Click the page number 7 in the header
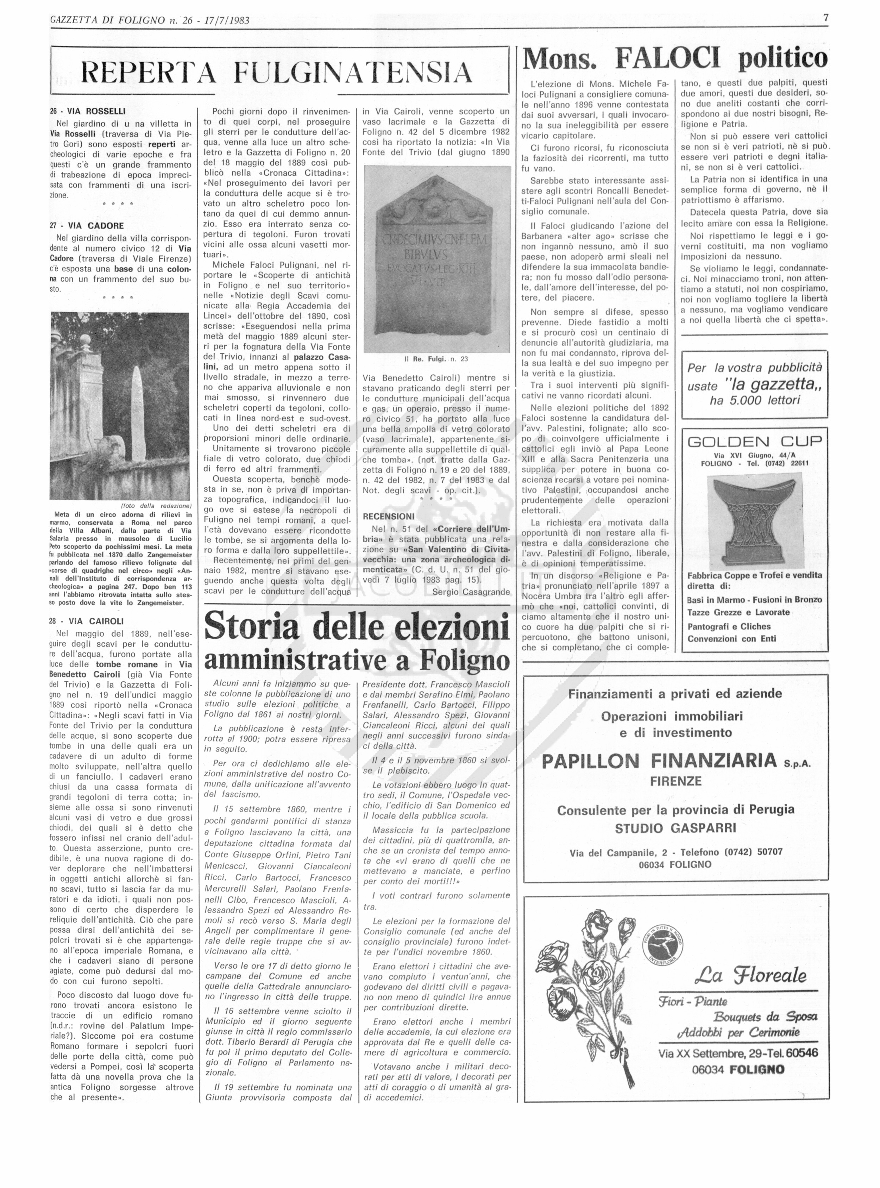pos(826,18)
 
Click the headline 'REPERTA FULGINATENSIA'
pos(276,73)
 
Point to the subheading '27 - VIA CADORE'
pos(86,225)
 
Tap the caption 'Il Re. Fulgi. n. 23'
pos(436,359)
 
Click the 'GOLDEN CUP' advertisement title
pos(755,442)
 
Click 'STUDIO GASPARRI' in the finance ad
pos(675,828)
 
